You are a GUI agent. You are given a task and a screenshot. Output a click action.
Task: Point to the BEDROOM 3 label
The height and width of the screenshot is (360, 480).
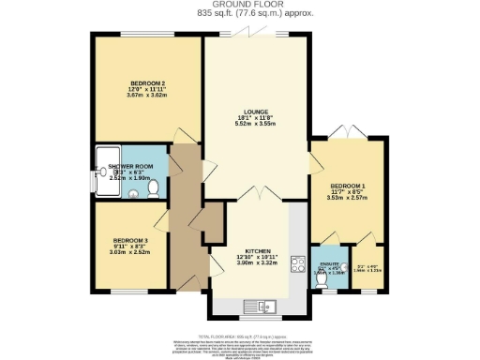point(128,238)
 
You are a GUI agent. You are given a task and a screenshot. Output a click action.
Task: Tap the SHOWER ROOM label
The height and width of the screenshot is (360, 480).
point(130,166)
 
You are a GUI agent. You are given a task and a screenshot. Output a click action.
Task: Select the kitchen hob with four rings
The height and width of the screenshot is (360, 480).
point(299,263)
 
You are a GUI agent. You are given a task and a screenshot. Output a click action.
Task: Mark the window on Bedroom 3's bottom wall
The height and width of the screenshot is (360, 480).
point(128,290)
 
